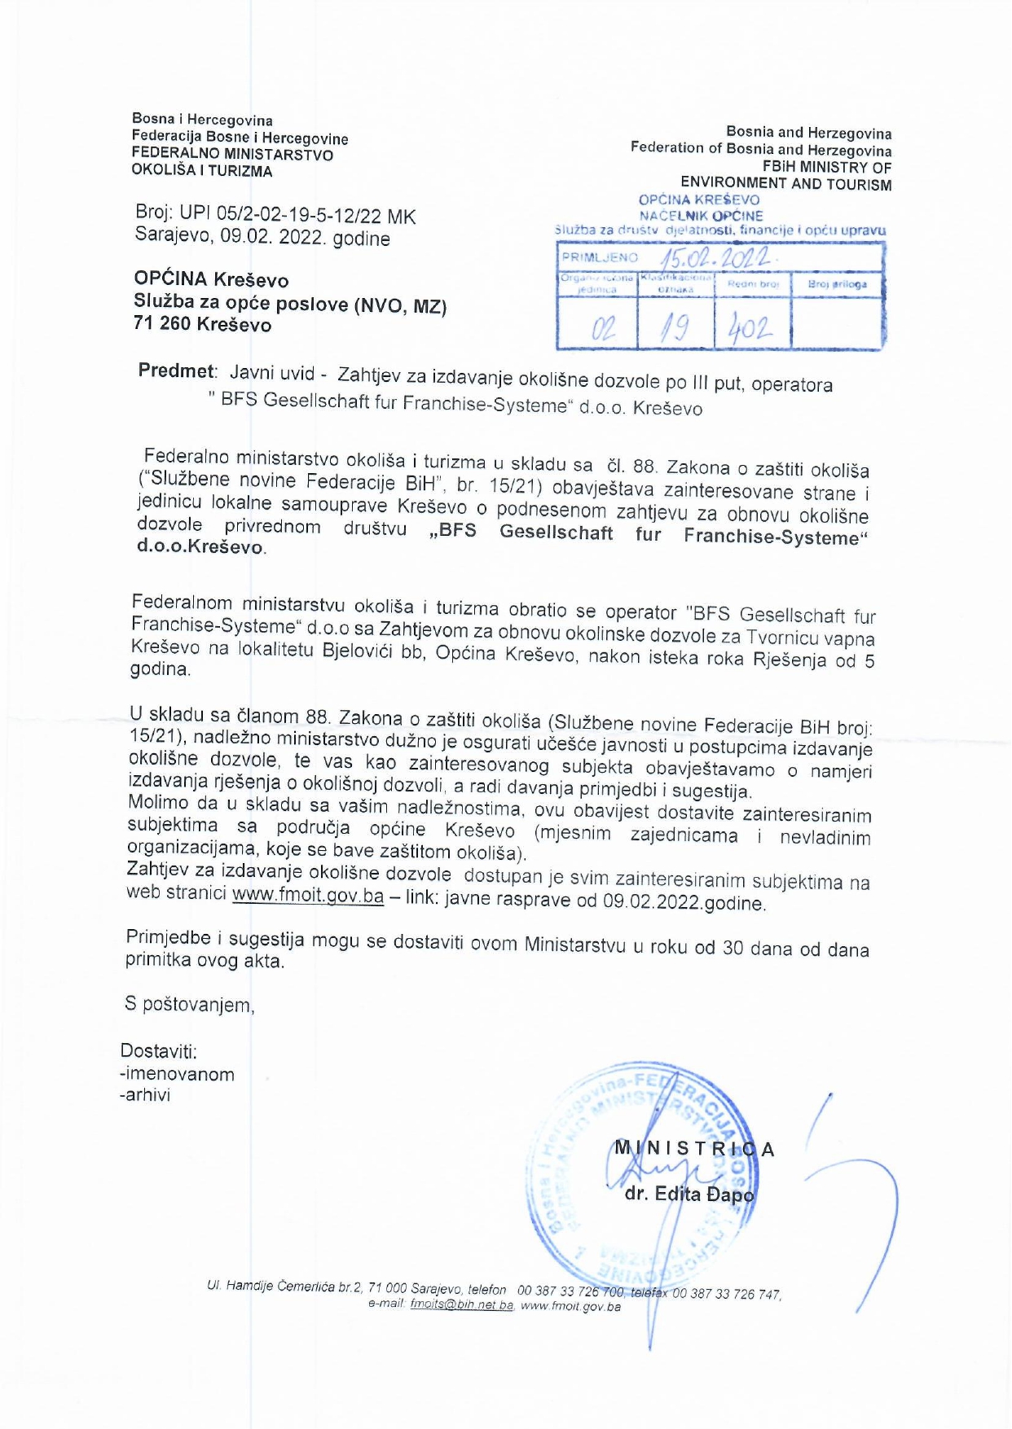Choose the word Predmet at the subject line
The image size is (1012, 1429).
click(176, 371)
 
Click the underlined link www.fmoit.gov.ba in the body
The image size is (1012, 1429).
click(308, 895)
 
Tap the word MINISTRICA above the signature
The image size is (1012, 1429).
click(693, 1149)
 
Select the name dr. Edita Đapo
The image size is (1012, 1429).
click(689, 1194)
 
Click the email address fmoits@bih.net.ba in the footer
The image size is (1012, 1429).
click(462, 1305)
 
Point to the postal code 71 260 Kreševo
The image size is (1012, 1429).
click(202, 324)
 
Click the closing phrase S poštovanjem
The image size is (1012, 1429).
click(189, 1005)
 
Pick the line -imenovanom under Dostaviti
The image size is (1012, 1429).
click(177, 1074)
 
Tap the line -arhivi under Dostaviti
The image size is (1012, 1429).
click(145, 1095)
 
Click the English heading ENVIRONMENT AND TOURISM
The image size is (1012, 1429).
click(785, 184)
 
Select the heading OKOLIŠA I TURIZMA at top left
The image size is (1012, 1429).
click(202, 171)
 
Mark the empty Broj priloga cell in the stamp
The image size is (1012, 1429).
click(837, 324)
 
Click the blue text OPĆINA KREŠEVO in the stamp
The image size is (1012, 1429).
click(699, 199)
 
